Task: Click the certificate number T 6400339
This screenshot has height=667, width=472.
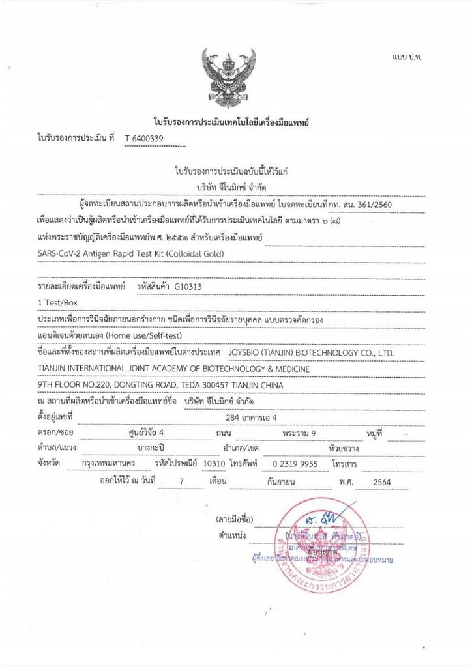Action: pos(143,139)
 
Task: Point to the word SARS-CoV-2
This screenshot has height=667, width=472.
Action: pos(63,253)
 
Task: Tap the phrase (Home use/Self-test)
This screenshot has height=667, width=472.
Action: pos(145,335)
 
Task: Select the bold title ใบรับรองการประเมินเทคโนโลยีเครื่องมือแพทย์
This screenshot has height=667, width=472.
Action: pos(230,122)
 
